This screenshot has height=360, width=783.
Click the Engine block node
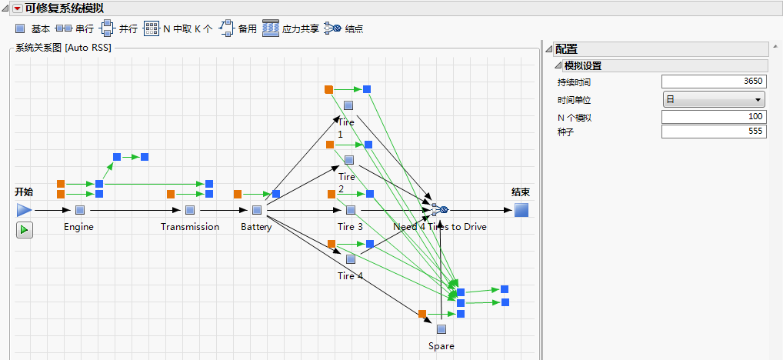click(80, 209)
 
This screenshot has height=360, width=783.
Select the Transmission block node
click(190, 209)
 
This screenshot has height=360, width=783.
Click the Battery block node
click(257, 209)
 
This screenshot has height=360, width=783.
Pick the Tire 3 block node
click(351, 209)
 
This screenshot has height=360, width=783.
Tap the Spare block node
click(441, 329)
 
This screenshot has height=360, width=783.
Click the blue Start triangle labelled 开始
click(25, 209)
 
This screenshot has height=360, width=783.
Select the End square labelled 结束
click(521, 209)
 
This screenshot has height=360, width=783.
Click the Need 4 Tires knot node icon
click(440, 209)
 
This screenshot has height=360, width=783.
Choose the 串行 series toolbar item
click(75, 28)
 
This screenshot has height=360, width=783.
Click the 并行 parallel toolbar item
click(118, 28)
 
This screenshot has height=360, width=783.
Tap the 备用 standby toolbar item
click(238, 28)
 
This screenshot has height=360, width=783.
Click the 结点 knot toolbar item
click(344, 28)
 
